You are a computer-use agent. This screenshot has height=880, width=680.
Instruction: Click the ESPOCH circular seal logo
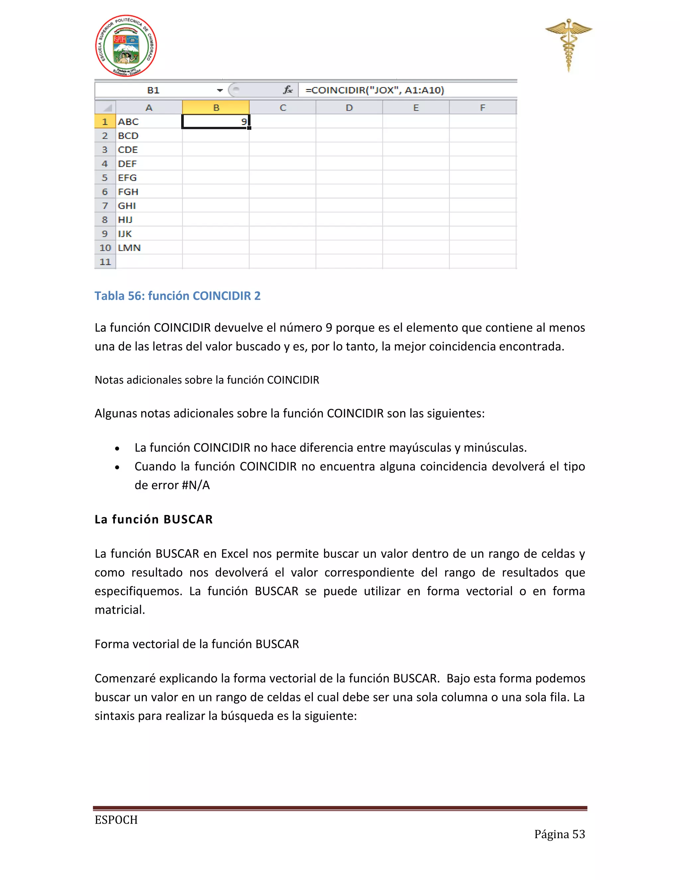tap(126, 46)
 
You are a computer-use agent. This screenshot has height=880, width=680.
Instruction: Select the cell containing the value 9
tap(215, 122)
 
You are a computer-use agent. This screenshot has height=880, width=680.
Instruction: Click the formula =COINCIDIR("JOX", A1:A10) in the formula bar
tap(375, 90)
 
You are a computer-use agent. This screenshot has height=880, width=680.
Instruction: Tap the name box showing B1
tap(153, 90)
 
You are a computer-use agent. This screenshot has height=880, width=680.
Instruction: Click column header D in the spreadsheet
tap(349, 108)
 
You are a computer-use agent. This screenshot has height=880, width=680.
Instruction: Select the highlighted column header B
tap(216, 108)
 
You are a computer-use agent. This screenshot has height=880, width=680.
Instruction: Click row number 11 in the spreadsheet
tap(105, 262)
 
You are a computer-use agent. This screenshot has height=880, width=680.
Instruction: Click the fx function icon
tap(288, 90)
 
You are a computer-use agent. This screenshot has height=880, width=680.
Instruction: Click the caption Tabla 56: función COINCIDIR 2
tap(177, 296)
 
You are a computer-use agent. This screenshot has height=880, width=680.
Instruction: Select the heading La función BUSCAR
tap(153, 519)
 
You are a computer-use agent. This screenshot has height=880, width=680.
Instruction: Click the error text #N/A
tap(196, 485)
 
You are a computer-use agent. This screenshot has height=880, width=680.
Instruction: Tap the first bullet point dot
tap(117, 448)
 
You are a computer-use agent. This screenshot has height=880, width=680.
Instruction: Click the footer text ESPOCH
tap(116, 820)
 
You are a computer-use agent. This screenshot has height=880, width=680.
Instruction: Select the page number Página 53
tap(559, 834)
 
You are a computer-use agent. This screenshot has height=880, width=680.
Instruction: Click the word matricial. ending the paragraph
tap(120, 610)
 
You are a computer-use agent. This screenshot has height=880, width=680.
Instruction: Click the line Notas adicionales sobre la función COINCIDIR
tap(207, 380)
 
